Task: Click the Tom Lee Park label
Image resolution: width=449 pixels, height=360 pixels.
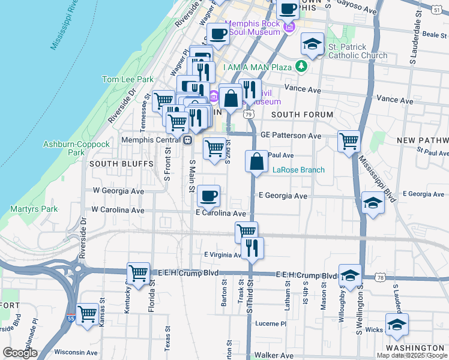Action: point(128,79)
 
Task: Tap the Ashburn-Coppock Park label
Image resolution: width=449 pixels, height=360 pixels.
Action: point(76,148)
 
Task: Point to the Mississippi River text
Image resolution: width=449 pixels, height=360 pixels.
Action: point(65,24)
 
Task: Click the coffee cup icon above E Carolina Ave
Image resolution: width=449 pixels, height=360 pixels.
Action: point(208,195)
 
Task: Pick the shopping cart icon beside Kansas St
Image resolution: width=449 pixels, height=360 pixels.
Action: point(88,313)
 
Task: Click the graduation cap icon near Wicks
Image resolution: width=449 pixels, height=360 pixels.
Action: point(397,324)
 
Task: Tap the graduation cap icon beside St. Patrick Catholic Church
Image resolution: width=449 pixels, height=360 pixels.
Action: point(312,44)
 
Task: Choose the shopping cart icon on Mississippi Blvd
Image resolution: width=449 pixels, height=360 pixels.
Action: point(349,142)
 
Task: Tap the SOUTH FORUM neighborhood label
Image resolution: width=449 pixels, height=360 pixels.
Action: point(302,115)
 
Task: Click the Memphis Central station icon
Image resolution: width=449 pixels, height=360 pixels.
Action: point(188,140)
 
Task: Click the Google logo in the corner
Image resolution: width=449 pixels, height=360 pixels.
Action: point(20,353)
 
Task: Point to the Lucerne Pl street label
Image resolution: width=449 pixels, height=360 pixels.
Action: point(272,323)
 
